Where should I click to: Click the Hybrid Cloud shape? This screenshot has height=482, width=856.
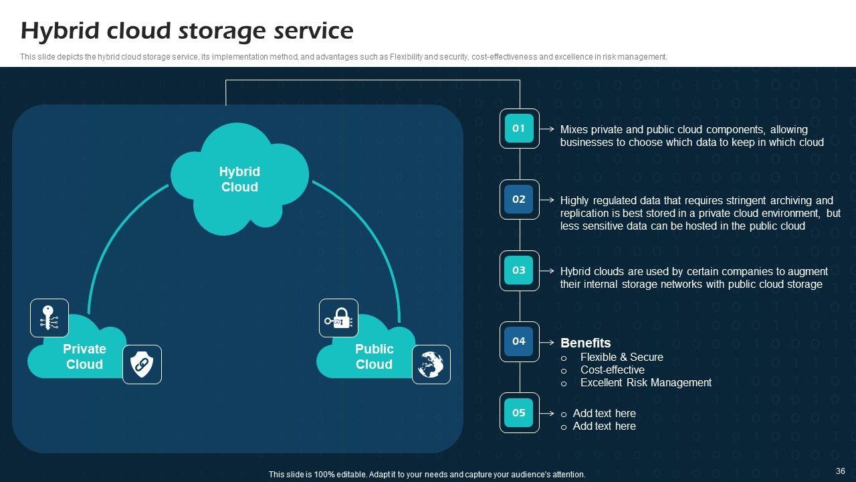[x=239, y=179]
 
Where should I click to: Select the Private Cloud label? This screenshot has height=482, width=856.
[x=84, y=357]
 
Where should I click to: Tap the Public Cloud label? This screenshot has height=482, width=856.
[x=374, y=357]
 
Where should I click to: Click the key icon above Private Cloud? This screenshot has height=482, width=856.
[x=49, y=318]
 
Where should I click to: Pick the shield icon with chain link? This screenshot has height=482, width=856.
[x=142, y=364]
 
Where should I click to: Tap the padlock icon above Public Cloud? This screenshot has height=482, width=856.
[x=339, y=318]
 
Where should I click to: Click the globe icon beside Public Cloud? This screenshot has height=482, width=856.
[x=431, y=364]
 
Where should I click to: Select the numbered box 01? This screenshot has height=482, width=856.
[x=519, y=129]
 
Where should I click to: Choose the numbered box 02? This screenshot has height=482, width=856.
[x=519, y=199]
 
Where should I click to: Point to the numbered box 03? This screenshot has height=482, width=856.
[x=519, y=270]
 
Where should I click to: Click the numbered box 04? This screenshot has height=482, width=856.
[x=519, y=341]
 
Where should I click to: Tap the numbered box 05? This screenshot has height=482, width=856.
[x=519, y=412]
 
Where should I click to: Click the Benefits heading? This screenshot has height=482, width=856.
[x=585, y=343]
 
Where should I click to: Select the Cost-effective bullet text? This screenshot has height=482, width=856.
[x=612, y=370]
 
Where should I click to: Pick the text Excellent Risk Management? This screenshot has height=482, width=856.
[x=645, y=383]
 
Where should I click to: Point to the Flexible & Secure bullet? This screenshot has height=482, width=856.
[x=621, y=357]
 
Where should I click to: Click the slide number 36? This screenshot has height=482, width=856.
[x=841, y=471]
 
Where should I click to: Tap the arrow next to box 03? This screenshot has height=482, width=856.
[x=547, y=271]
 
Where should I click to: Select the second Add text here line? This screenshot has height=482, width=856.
[x=604, y=426]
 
